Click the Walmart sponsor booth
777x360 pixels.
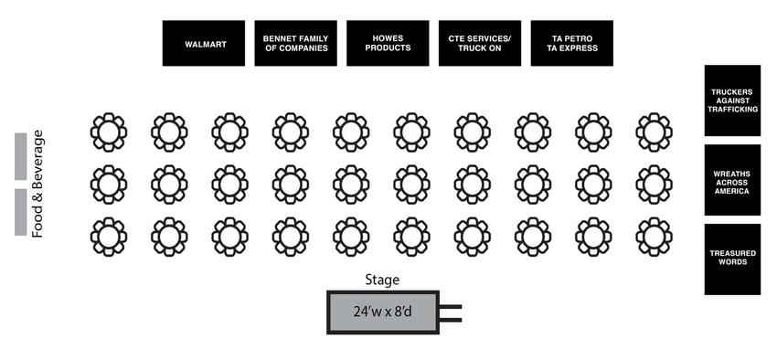[204, 43]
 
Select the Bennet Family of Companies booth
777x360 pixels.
[295, 43]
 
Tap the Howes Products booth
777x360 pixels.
[388, 43]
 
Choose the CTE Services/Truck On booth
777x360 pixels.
[480, 43]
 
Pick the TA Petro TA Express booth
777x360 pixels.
[571, 43]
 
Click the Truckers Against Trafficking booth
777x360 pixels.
[732, 101]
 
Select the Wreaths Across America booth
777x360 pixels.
[732, 180]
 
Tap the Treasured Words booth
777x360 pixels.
[732, 259]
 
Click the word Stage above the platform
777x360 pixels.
[381, 281]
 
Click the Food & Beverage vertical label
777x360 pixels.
[38, 184]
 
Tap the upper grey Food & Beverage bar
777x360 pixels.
[20, 156]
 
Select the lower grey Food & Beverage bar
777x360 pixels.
[20, 212]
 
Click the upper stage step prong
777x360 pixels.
[451, 307]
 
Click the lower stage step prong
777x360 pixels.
[451, 319]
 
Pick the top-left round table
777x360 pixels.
[109, 132]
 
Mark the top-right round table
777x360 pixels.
[654, 132]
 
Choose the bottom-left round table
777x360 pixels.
[109, 237]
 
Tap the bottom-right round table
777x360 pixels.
[654, 237]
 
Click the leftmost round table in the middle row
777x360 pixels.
[109, 185]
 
